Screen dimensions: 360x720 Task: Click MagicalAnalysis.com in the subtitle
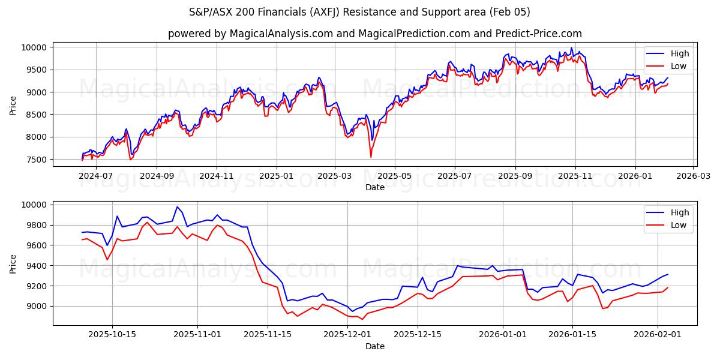281,34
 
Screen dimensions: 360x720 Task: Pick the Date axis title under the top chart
375,187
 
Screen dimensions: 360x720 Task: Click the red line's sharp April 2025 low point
370,157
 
